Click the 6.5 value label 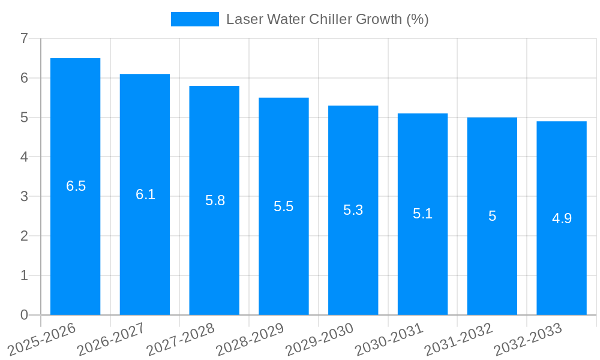(x=76, y=186)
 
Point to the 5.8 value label (x=215, y=200)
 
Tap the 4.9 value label (x=562, y=218)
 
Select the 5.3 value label (x=353, y=210)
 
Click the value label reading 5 (x=492, y=216)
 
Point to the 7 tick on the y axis (x=24, y=39)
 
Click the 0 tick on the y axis (x=24, y=315)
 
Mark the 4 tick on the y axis (x=24, y=157)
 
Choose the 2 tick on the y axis (x=24, y=236)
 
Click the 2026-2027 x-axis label (x=111, y=338)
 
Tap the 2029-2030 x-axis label (x=319, y=338)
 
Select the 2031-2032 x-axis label (x=458, y=338)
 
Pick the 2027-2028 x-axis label (x=181, y=338)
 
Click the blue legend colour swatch (x=195, y=19)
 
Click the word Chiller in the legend (x=331, y=19)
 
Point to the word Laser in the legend (x=244, y=19)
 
